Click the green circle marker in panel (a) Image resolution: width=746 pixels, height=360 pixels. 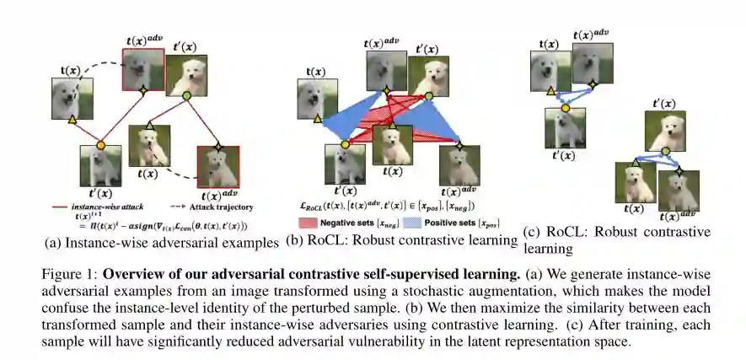point(187,98)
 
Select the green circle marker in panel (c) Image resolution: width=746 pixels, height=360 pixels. point(663,152)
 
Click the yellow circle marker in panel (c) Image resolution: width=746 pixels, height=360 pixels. point(566,108)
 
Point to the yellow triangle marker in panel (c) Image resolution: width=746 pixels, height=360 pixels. point(550,89)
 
